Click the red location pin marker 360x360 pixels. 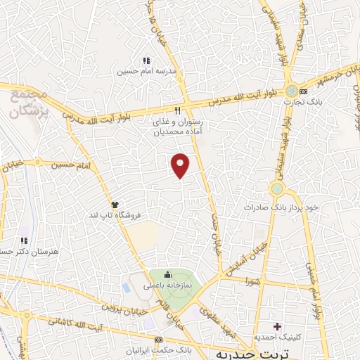tap(181, 165)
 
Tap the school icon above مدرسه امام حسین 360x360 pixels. tap(146, 61)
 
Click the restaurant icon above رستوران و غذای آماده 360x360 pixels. tap(177, 110)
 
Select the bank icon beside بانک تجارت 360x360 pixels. tap(303, 92)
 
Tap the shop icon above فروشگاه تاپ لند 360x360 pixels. tap(115, 203)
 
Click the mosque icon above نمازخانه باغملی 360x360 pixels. tap(167, 275)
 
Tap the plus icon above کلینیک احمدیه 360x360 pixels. tap(277, 326)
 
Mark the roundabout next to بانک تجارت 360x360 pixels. tap(291, 91)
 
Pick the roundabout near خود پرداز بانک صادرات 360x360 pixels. tap(278, 189)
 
